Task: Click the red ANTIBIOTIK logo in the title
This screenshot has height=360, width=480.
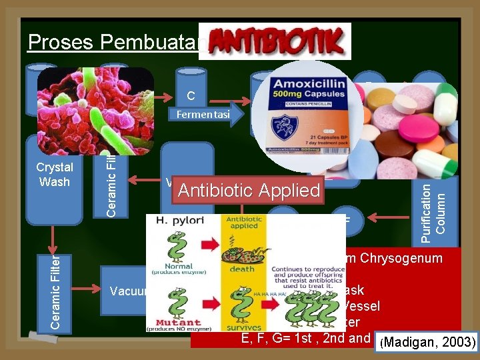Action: coord(275,41)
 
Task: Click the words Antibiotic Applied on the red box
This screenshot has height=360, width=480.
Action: coord(249,190)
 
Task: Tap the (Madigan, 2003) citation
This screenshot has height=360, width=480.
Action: coord(426,342)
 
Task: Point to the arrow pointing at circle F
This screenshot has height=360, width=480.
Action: coord(379,217)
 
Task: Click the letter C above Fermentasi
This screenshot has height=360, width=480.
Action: coord(191,96)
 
